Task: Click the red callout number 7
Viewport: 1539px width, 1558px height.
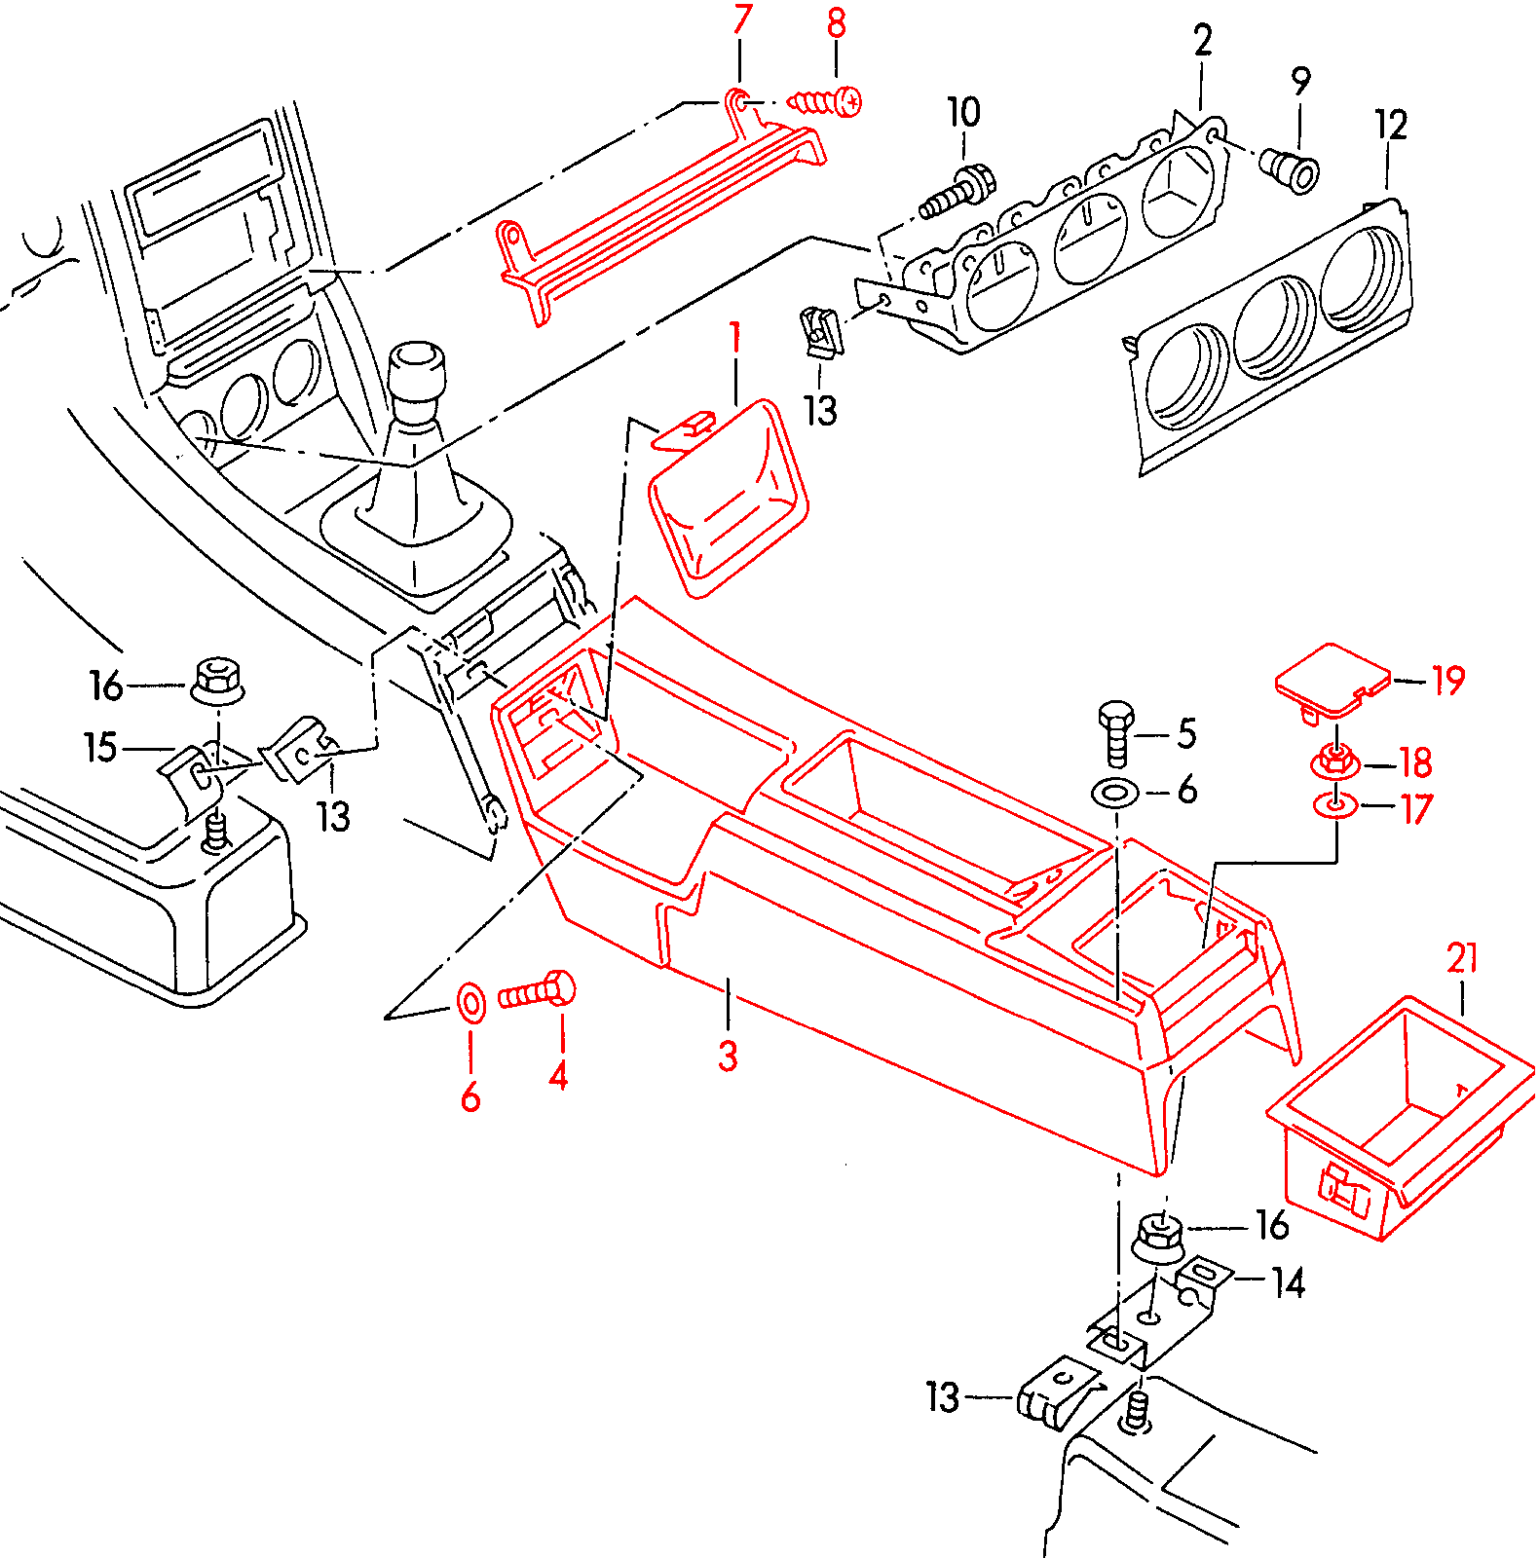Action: pyautogui.click(x=742, y=19)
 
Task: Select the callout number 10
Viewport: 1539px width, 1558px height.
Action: pyautogui.click(x=963, y=112)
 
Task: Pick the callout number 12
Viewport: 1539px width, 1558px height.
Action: pyautogui.click(x=1391, y=126)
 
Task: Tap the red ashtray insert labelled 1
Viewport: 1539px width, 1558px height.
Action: pyautogui.click(x=728, y=497)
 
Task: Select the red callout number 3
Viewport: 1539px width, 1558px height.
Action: pyautogui.click(x=728, y=1056)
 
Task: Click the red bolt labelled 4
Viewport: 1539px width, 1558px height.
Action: pyautogui.click(x=537, y=992)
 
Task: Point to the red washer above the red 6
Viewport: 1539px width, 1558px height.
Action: pyautogui.click(x=470, y=1002)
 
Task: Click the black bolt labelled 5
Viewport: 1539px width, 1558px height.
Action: pyautogui.click(x=1116, y=732)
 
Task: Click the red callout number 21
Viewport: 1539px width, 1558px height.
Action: pyautogui.click(x=1462, y=958)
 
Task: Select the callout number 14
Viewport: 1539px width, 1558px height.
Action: pyautogui.click(x=1288, y=1283)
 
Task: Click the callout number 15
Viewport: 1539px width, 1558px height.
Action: pyautogui.click(x=100, y=748)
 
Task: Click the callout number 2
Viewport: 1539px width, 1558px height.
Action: pyautogui.click(x=1203, y=41)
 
